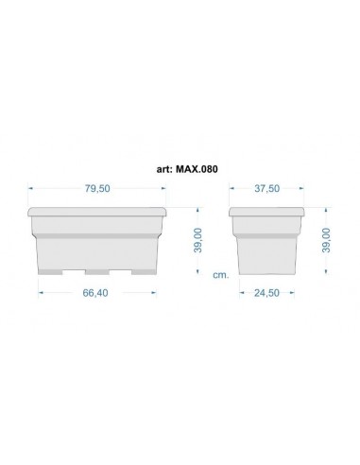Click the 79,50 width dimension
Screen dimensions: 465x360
pos(97,189)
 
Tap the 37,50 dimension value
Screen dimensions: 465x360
pos(267,189)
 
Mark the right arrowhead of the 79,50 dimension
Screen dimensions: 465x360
pos(166,189)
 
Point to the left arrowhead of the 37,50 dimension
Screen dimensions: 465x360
pos(232,189)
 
